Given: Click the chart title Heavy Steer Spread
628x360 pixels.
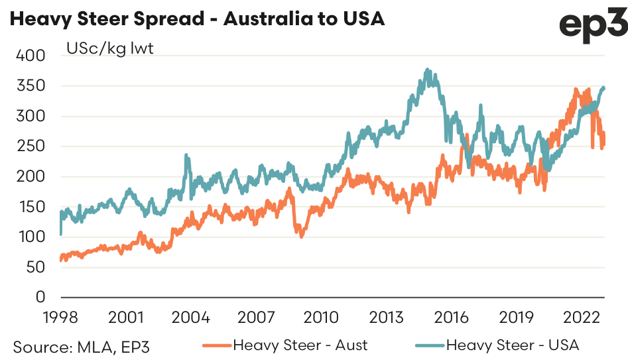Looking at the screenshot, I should point(196,19).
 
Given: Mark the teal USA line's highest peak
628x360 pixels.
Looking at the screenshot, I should point(428,69).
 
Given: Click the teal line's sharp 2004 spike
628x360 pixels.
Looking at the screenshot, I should point(186,155).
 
